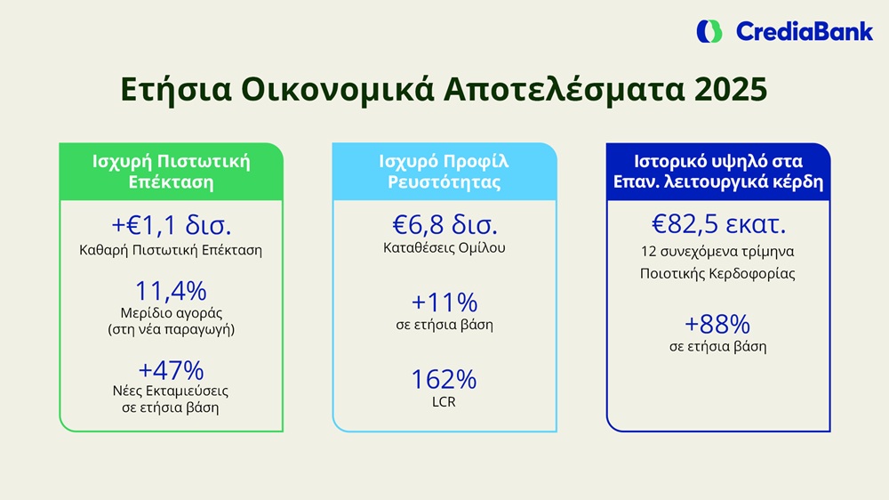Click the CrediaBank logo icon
709,31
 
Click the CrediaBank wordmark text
804,32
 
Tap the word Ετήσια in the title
176,90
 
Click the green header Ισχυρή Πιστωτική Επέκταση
172,172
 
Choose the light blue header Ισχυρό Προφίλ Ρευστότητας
444,172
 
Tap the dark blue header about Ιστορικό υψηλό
718,172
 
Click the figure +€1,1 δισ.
172,225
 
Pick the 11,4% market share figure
172,291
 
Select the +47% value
172,371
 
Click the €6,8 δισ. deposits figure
445,225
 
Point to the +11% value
444,302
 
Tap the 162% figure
444,380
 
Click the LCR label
444,402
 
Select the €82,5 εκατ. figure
718,224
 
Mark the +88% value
717,325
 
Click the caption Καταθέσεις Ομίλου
444,248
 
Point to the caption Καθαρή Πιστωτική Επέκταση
171,250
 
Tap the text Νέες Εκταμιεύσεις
171,391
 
